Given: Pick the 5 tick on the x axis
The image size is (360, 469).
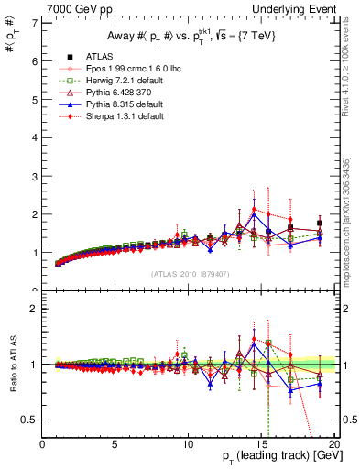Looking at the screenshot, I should pyautogui.click(x=115, y=444).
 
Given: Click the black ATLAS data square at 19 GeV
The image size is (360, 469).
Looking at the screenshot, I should pyautogui.click(x=319, y=223).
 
